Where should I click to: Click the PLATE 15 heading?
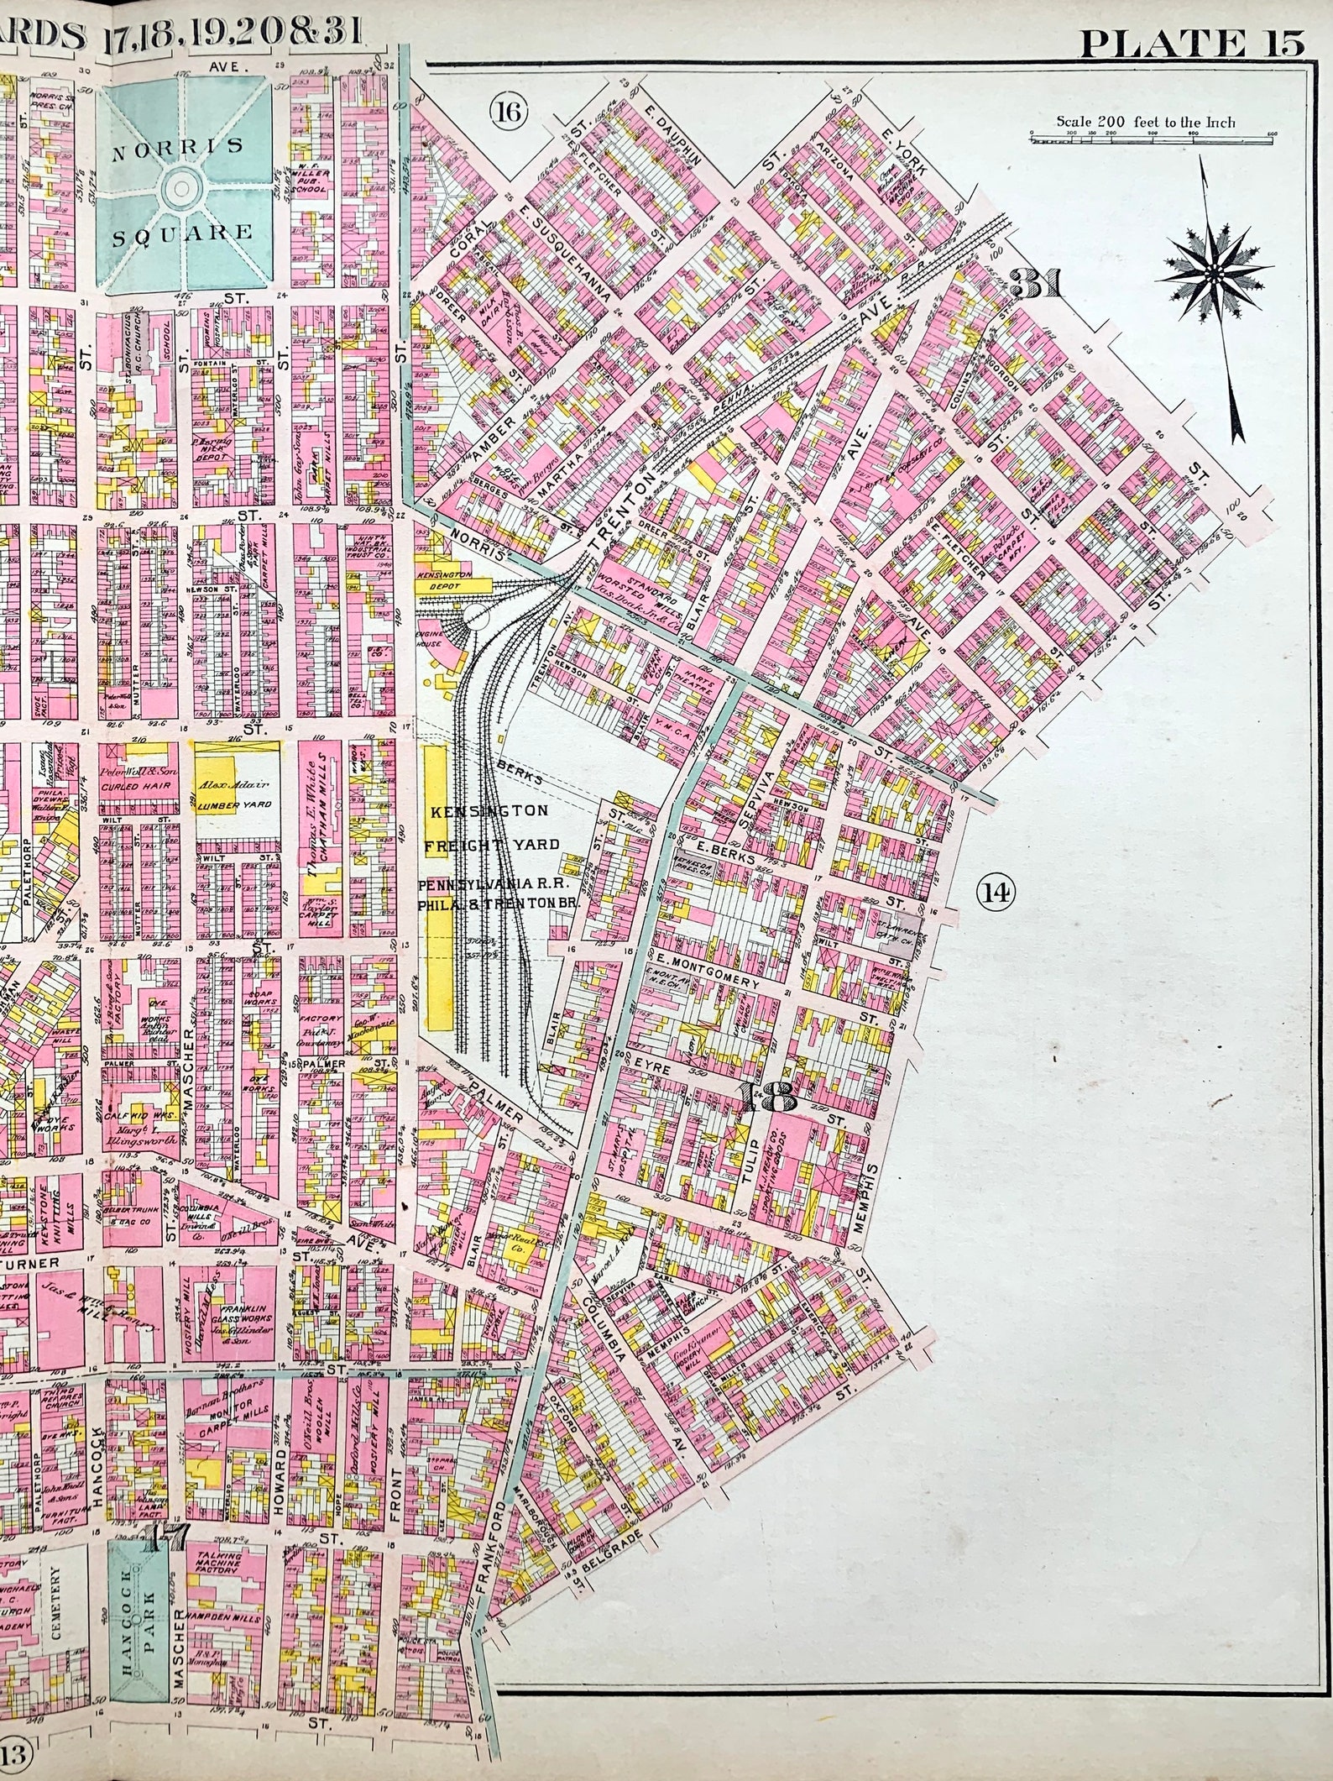[x=1191, y=42]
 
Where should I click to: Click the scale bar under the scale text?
[x=1151, y=140]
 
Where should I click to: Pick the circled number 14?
[x=996, y=893]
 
